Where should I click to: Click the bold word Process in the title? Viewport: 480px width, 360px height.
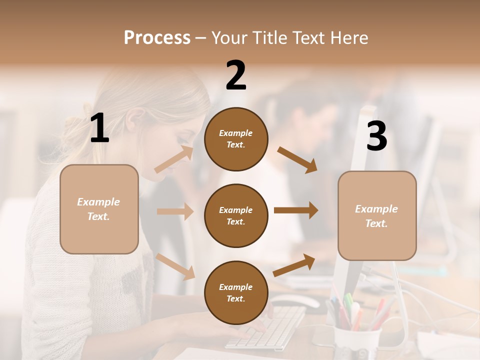157,37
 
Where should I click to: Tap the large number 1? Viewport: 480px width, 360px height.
99,128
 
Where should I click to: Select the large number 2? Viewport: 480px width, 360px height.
236,75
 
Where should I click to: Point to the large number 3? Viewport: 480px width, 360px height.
376,136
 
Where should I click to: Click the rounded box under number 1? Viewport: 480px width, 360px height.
99,209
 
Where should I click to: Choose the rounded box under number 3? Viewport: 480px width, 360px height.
377,215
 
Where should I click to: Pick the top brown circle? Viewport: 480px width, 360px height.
236,139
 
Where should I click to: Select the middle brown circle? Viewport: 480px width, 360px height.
236,215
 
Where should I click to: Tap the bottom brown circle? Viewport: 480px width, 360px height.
236,292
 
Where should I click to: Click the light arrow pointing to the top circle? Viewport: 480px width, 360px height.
174,159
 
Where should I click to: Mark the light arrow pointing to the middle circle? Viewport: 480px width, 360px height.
175,211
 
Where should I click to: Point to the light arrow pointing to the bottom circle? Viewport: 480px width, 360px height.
175,266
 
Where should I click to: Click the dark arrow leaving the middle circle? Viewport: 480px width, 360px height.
296,210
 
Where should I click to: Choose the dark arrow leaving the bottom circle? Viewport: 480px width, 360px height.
294,265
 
